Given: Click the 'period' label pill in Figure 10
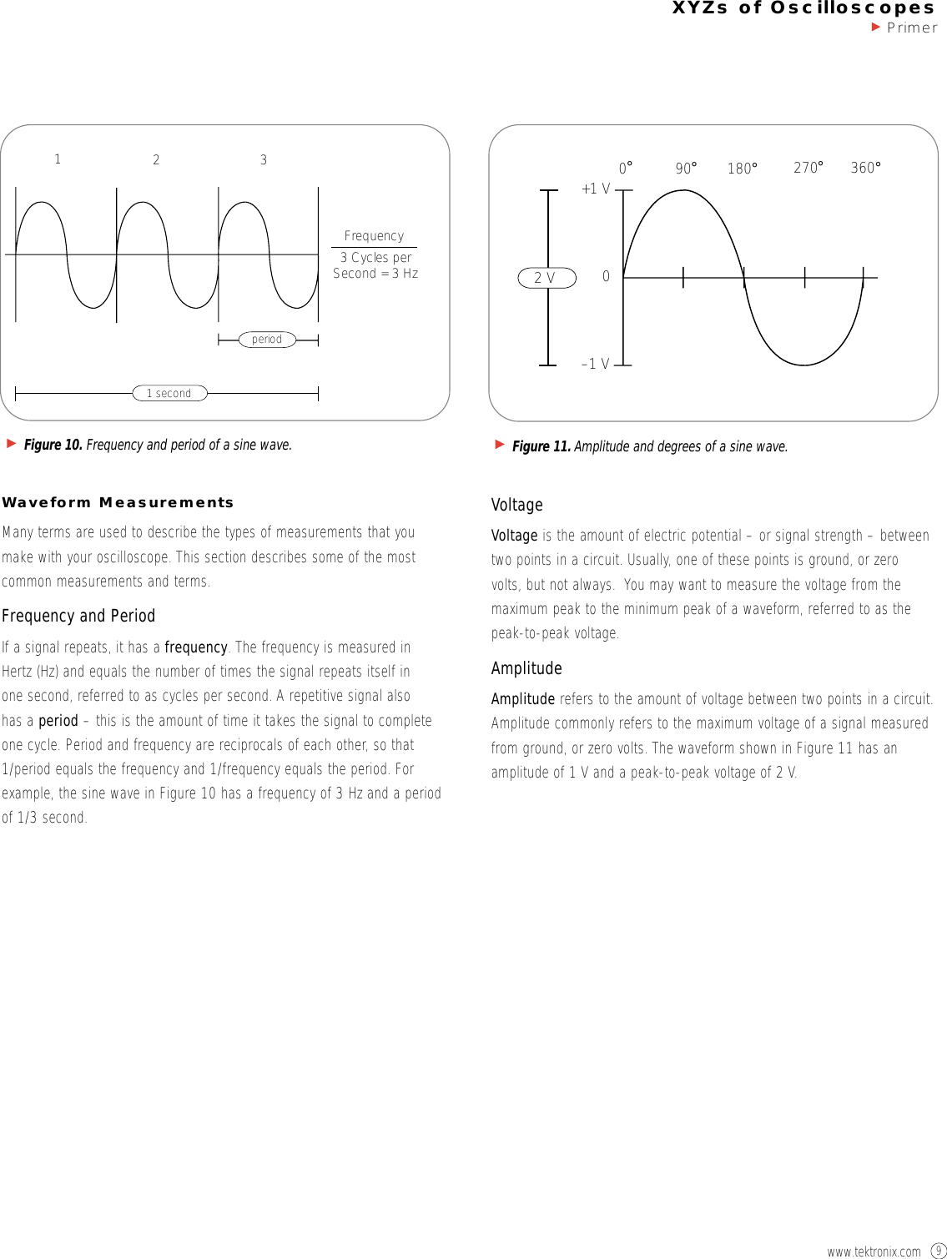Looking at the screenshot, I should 267,340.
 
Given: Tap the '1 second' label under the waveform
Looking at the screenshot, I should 169,393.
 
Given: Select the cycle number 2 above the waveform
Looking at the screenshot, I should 156,159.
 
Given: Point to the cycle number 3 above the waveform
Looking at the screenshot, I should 264,159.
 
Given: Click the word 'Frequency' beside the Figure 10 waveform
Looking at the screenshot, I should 374,236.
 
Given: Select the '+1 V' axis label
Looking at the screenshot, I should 596,189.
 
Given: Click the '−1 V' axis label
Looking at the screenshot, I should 595,364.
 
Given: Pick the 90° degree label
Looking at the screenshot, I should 686,169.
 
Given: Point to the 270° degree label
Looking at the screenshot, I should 808,168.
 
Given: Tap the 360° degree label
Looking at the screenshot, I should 865,168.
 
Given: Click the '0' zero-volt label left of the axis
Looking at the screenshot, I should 606,276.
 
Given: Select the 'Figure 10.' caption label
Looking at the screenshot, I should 53,445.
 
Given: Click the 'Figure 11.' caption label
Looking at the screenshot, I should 541,446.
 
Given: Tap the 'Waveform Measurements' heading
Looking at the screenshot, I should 118,502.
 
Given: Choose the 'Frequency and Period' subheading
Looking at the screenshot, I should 78,616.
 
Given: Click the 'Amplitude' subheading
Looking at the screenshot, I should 526,668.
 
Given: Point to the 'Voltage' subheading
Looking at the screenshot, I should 516,505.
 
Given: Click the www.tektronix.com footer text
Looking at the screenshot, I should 874,1251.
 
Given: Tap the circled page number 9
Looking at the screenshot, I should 938,1251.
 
